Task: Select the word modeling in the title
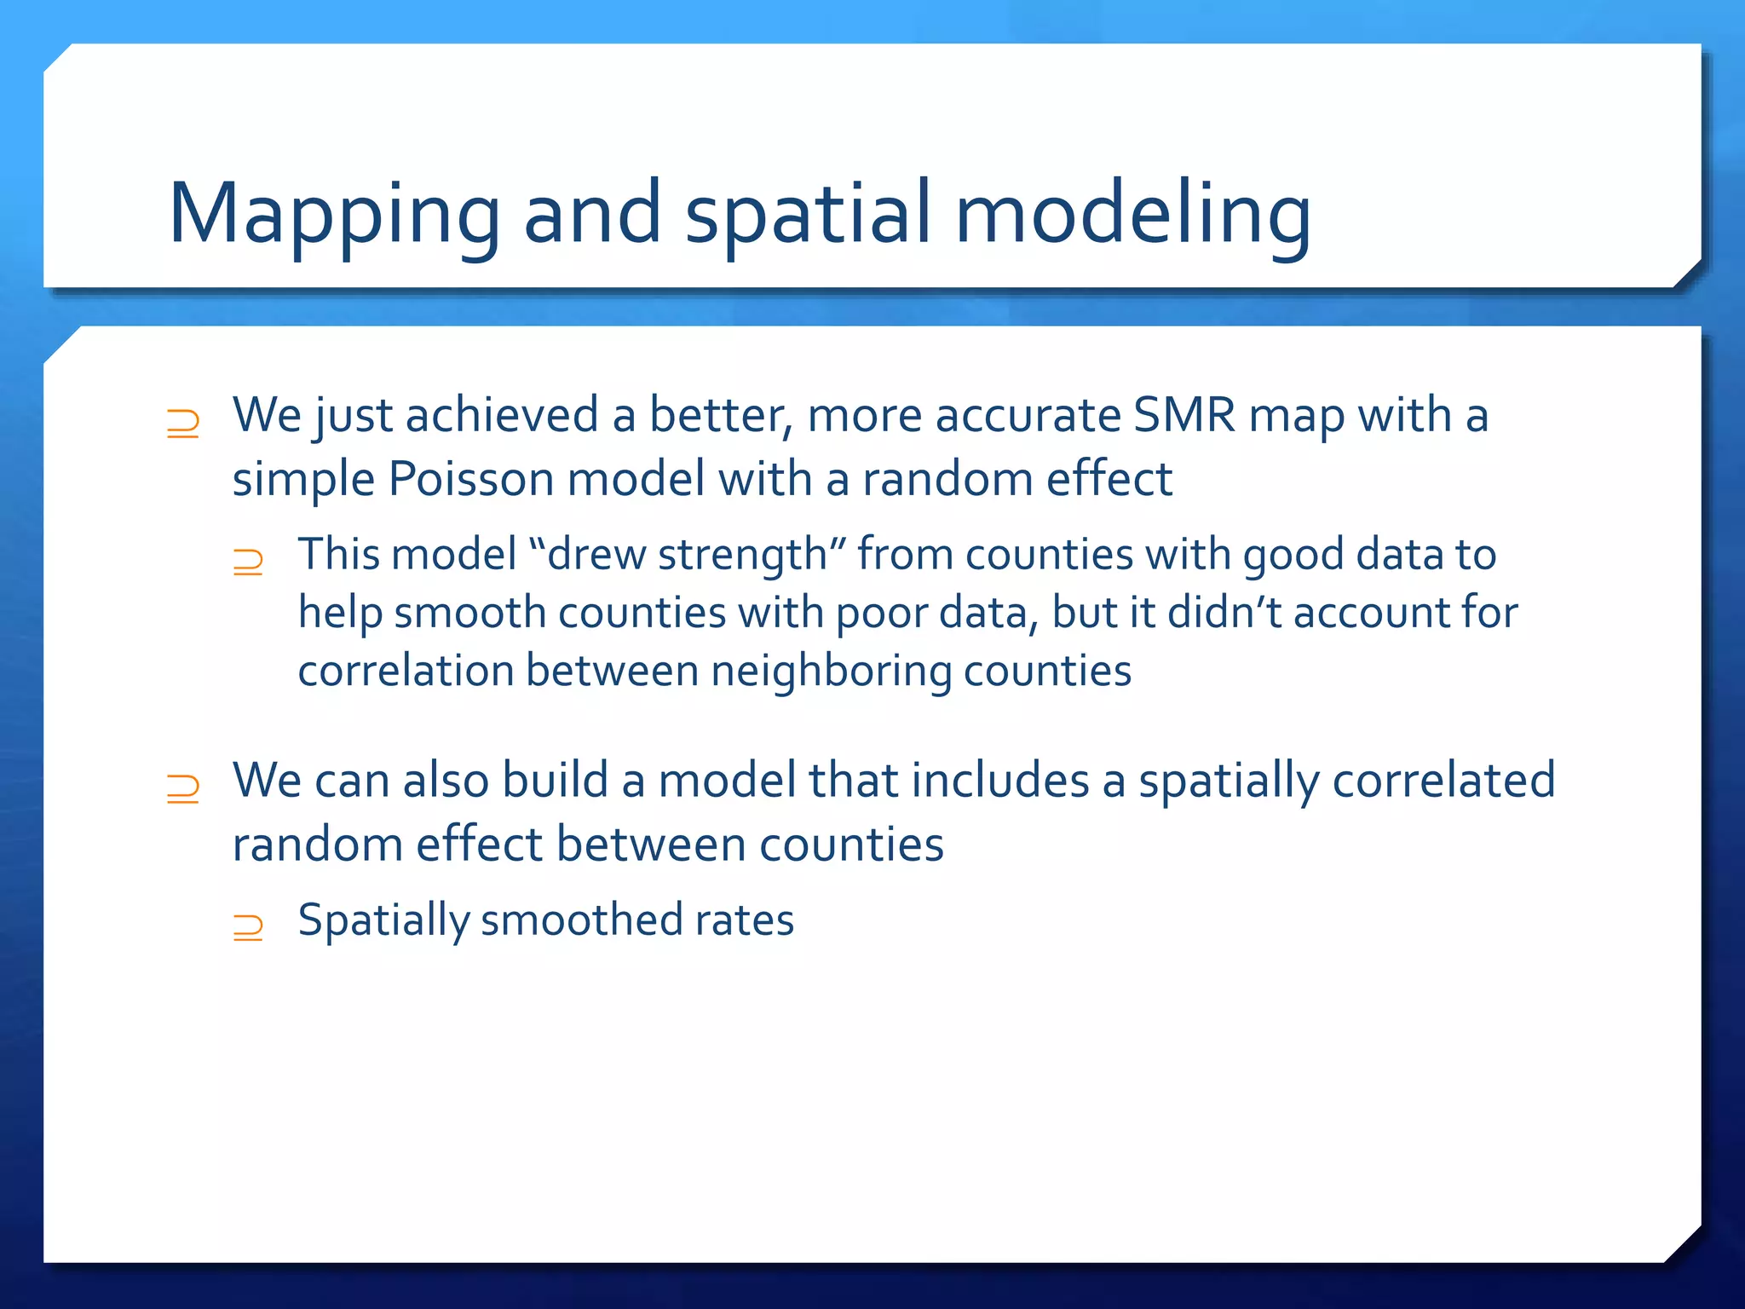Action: click(1132, 215)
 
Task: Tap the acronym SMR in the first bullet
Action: click(1183, 416)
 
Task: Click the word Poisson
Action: click(470, 479)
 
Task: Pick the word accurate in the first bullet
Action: click(1027, 416)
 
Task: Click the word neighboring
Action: click(831, 672)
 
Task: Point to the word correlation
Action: click(405, 672)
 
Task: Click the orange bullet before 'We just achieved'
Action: click(183, 424)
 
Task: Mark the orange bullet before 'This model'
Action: click(248, 562)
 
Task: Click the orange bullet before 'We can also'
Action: click(183, 788)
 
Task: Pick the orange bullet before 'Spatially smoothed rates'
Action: click(248, 926)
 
